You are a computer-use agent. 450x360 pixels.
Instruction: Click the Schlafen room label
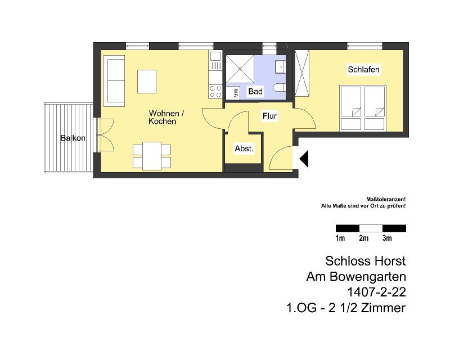[363, 70]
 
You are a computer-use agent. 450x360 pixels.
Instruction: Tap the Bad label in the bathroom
[255, 91]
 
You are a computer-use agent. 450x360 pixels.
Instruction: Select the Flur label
[269, 116]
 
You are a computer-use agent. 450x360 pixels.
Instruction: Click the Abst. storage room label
[244, 148]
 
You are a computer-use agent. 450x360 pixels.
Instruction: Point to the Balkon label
[73, 138]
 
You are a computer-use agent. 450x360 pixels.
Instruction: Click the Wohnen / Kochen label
[166, 117]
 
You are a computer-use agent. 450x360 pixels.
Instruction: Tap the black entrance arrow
[304, 159]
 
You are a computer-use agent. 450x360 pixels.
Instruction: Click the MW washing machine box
[233, 93]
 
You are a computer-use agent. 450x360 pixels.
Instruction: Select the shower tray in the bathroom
[240, 69]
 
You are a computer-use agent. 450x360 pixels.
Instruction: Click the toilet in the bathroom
[279, 87]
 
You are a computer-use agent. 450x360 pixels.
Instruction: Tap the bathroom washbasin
[280, 67]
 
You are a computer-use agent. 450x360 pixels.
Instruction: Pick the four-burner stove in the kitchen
[215, 92]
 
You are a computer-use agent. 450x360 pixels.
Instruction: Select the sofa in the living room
[116, 80]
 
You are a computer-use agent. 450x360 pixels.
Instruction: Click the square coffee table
[147, 82]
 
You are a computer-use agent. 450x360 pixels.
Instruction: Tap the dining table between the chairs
[152, 156]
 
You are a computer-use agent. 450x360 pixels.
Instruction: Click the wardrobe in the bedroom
[302, 73]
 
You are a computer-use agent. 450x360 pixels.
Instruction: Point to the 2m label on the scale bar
[363, 238]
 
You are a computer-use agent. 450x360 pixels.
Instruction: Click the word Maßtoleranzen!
[386, 199]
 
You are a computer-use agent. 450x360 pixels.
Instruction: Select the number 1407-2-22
[376, 292]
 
